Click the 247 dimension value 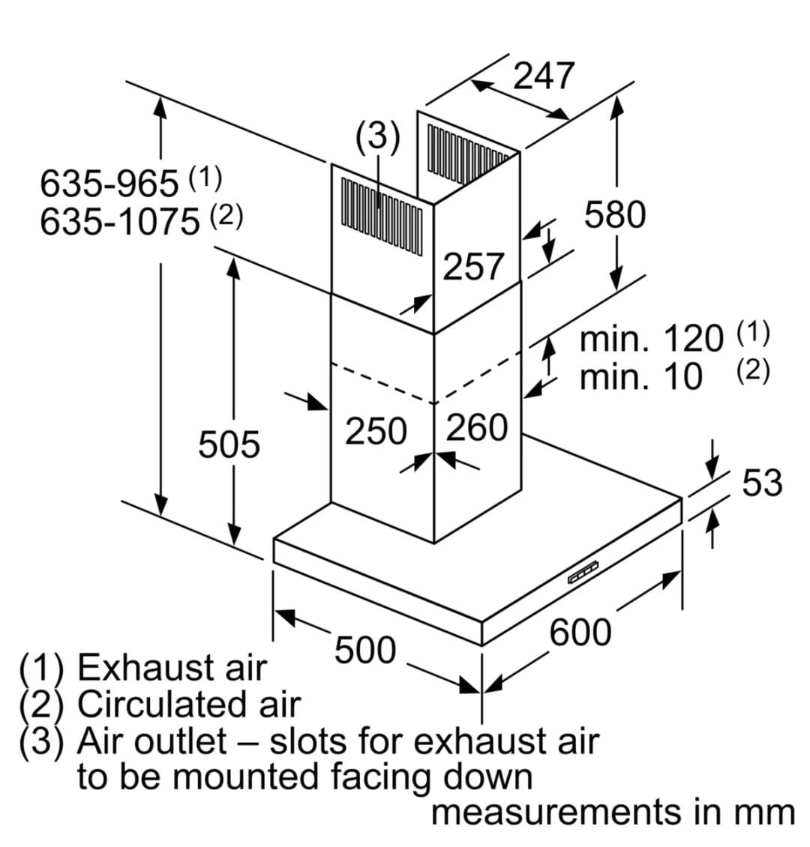tap(544, 76)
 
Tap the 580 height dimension tap(614, 215)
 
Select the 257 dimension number tap(473, 266)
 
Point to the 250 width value tap(375, 431)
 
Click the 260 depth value tap(477, 428)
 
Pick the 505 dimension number tap(229, 444)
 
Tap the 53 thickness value tap(761, 482)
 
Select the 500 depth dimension tap(364, 650)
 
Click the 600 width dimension tap(580, 632)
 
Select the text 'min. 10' tap(641, 376)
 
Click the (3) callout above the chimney tap(378, 138)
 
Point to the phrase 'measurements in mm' tap(612, 813)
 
